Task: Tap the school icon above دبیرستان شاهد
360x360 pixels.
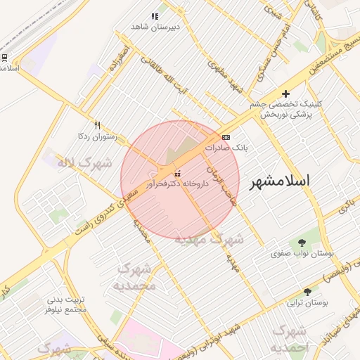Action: (155, 16)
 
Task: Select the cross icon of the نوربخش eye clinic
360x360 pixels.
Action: (285, 94)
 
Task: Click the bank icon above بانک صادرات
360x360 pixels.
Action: (225, 137)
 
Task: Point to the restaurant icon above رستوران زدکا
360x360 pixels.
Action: (97, 125)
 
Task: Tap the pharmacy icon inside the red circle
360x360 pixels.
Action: (176, 173)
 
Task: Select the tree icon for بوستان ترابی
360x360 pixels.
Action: (307, 292)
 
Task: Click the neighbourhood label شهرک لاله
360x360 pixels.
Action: (85, 164)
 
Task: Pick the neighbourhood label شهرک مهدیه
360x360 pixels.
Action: (209, 240)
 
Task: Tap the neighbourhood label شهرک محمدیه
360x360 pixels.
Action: (134, 277)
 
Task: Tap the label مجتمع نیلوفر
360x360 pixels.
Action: (65, 309)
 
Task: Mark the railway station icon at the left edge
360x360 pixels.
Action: (4, 57)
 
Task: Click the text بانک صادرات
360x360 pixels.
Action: (226, 148)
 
